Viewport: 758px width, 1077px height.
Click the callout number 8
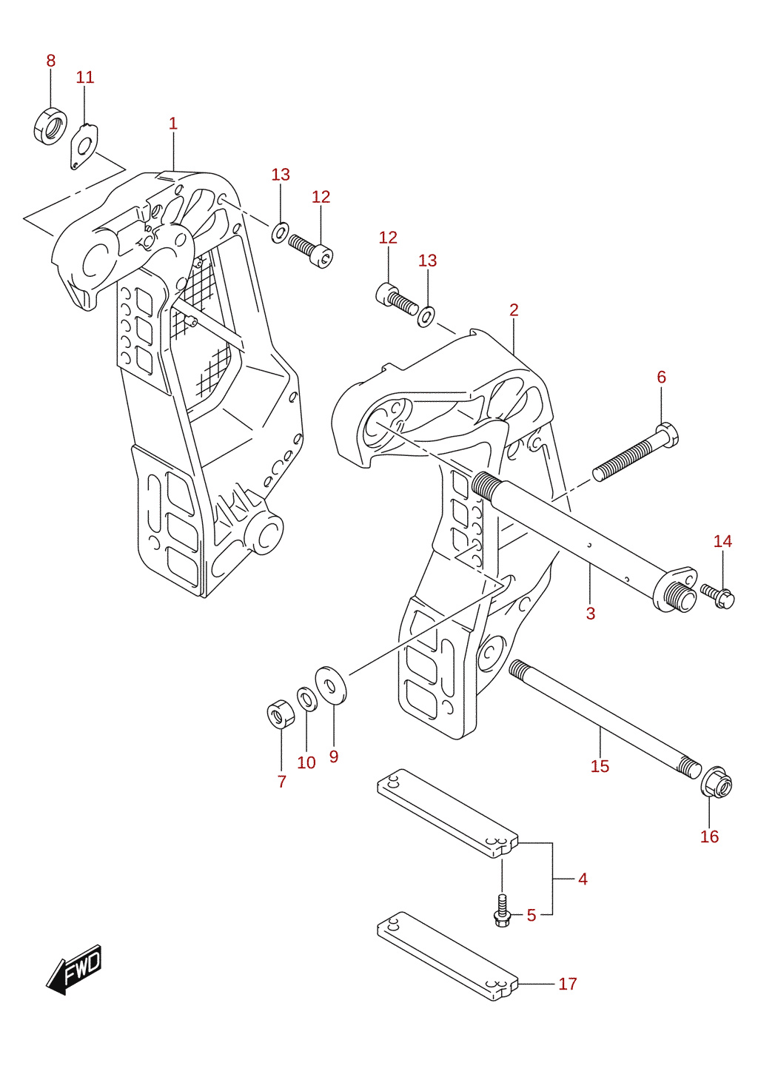click(51, 61)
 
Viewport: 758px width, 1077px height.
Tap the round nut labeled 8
click(50, 127)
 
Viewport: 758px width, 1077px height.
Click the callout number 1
click(173, 124)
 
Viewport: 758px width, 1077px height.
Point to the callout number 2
click(514, 310)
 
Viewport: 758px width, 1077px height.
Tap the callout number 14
click(722, 541)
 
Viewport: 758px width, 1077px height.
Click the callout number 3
click(591, 614)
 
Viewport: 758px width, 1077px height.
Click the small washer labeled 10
click(307, 699)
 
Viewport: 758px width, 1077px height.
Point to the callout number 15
click(600, 766)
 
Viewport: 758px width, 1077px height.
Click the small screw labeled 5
click(502, 911)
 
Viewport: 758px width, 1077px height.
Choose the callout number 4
click(583, 879)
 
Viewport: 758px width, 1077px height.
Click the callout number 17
click(568, 984)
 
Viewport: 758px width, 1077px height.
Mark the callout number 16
click(709, 836)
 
